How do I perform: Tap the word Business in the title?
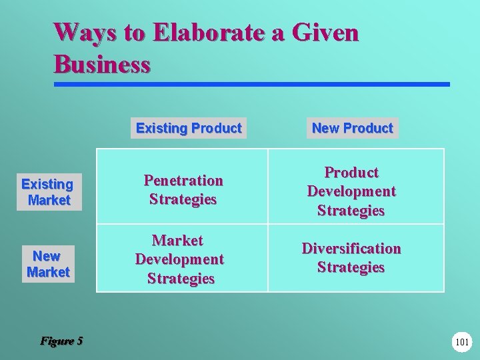pos(102,64)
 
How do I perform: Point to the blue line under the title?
pos(252,85)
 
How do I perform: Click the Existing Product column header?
pos(189,128)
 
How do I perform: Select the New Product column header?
pos(352,128)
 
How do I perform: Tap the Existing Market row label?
pos(48,191)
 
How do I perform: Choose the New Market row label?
pos(47,264)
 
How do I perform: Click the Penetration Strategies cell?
pos(183,189)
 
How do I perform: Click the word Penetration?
pos(183,181)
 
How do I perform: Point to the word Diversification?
pos(351,249)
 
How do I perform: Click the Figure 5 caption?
pos(61,341)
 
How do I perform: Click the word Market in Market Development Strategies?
pos(178,240)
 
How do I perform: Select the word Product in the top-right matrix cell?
pos(351,173)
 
